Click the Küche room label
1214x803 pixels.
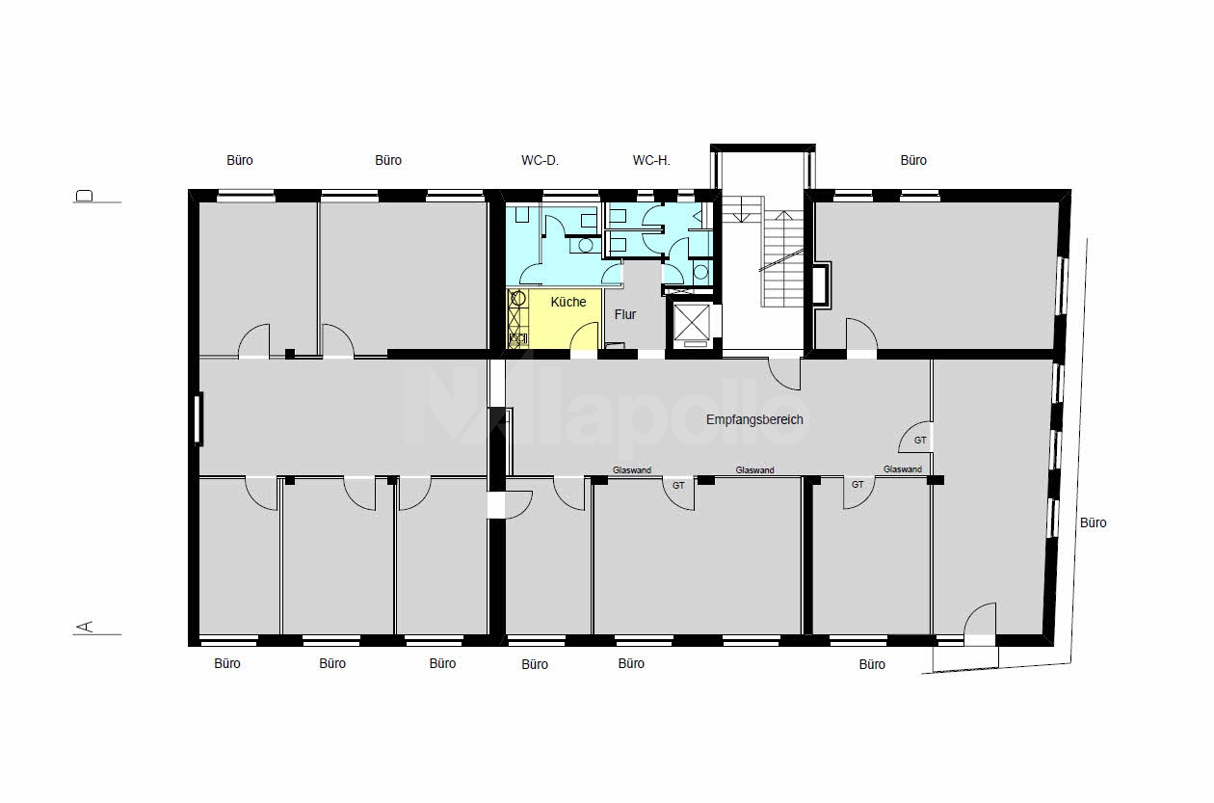tap(568, 302)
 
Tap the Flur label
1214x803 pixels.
tap(625, 314)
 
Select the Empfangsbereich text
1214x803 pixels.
tap(754, 419)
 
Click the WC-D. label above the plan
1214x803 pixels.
tap(540, 160)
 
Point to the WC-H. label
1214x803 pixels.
tap(651, 160)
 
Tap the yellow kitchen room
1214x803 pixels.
tap(554, 319)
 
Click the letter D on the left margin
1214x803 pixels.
tap(85, 195)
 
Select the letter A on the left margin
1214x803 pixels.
tap(85, 627)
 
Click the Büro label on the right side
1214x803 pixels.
tap(1094, 523)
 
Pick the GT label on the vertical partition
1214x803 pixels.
tap(920, 441)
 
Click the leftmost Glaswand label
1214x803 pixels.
tap(632, 470)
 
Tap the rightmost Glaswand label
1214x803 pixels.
tap(903, 469)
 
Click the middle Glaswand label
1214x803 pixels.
tap(754, 470)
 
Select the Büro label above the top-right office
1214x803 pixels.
tap(913, 160)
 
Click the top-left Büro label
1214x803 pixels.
tap(240, 160)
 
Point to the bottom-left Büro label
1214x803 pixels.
tap(227, 663)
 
